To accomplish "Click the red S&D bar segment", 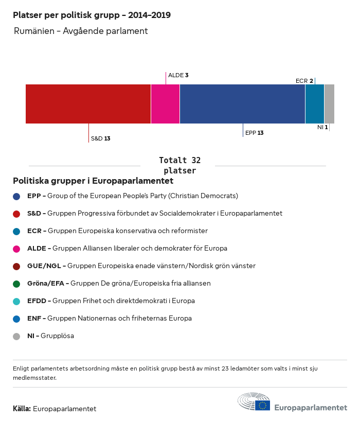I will pos(88,104).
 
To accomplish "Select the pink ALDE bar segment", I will pos(165,104).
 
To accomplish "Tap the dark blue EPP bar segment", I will pos(242,104).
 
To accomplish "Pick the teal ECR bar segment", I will pos(315,104).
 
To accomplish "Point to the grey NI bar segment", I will pos(329,104).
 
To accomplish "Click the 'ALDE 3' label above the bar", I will pos(178,75).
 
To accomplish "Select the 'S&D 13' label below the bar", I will pos(100,138).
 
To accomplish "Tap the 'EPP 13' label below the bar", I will pos(254,133).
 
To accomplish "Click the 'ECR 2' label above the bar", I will pos(304,81).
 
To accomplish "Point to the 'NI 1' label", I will pos(322,127).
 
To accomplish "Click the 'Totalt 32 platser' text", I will pos(179,165).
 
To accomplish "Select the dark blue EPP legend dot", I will pos(16,196).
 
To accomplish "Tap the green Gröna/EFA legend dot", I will pos(16,284).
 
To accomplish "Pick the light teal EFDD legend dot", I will pos(16,301).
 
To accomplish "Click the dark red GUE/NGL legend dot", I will pos(16,266).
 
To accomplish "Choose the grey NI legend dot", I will pos(16,336).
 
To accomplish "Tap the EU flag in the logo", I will pos(263,406).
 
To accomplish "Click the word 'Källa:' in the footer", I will pos(22,409).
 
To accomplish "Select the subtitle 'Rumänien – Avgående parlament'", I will pos(81,31).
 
